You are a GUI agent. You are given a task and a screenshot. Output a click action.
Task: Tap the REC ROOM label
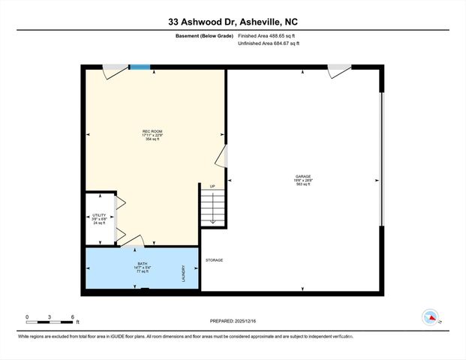pos(152,131)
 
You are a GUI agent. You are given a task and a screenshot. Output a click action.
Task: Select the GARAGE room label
pos(303,177)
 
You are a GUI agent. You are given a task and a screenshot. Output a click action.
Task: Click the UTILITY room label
pos(99,214)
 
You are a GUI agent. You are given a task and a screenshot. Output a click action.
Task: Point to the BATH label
pos(142,263)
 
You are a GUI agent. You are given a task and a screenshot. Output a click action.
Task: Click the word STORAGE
pos(215,260)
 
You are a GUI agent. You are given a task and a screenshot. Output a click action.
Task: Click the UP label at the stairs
pos(212,187)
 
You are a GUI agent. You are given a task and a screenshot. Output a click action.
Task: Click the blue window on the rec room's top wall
pos(140,67)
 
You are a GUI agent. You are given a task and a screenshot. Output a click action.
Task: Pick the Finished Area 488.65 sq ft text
pos(268,36)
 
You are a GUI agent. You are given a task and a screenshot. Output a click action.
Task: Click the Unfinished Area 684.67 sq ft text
pos(268,44)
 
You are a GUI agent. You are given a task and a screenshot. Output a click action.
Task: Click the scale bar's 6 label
pos(72,316)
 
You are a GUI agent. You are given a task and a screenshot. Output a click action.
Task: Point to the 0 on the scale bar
pos(27,316)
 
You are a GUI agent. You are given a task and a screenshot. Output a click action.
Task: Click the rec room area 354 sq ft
pos(152,139)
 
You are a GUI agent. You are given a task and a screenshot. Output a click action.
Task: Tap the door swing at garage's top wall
pos(338,71)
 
